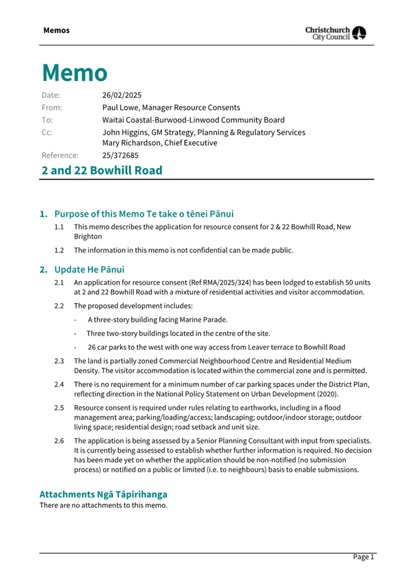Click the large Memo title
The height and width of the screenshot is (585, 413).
tap(74, 72)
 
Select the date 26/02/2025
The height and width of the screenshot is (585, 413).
tap(122, 95)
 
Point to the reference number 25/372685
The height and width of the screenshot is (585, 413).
tap(121, 155)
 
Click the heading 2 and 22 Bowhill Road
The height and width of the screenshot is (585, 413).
tap(102, 170)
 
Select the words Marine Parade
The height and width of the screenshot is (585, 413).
tap(204, 319)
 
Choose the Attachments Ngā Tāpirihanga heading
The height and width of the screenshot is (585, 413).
tap(103, 494)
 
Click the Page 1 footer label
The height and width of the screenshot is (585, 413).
tap(363, 557)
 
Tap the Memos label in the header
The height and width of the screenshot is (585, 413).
tap(56, 30)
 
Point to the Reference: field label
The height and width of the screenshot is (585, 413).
tap(60, 155)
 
